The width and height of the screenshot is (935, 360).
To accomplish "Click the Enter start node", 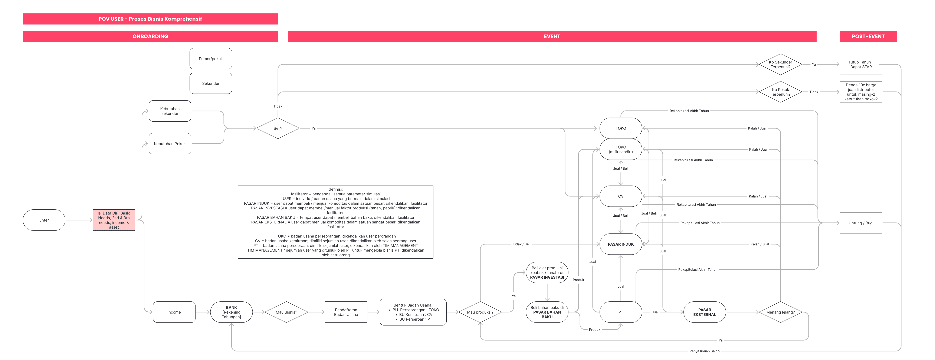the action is [x=44, y=220].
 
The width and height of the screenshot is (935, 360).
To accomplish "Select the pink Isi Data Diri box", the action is [x=114, y=220].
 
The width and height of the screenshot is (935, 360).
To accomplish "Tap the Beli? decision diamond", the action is [x=278, y=128].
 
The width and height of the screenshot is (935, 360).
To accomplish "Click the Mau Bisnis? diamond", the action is [x=286, y=312].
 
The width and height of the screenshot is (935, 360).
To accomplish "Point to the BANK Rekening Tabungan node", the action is [x=232, y=312].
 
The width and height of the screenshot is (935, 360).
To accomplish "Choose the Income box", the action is [x=174, y=312].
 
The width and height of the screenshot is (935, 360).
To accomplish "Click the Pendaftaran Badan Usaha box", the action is [x=346, y=312].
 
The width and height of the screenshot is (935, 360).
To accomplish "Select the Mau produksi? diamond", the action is [x=480, y=312].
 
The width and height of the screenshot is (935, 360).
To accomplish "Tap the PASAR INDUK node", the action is [x=621, y=244].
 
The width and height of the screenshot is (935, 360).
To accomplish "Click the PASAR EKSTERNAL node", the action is [x=705, y=312].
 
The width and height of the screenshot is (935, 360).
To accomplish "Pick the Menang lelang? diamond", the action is [x=780, y=312].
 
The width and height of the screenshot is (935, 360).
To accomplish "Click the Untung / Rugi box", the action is [x=861, y=223].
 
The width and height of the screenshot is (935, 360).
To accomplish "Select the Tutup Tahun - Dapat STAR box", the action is [x=861, y=64].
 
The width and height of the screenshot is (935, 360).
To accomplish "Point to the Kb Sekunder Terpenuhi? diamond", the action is [x=780, y=64].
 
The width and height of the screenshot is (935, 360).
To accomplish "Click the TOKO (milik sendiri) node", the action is [x=621, y=149].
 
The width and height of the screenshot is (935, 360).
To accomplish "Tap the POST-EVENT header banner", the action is [x=868, y=36].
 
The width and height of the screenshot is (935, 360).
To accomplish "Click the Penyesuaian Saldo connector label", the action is [x=705, y=351].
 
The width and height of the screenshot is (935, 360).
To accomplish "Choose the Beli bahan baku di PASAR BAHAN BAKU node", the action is [x=547, y=312].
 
